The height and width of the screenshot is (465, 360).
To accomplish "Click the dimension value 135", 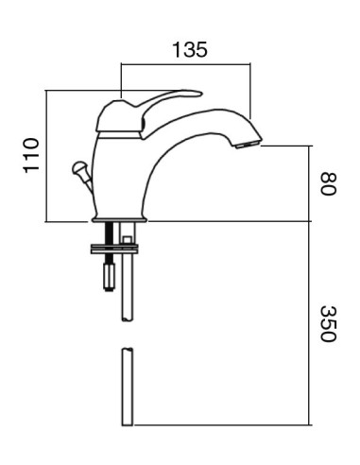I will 189,49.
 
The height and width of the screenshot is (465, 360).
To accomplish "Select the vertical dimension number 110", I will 31,156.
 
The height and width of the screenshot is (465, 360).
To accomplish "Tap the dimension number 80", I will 328,183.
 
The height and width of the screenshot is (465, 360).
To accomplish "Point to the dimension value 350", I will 328,324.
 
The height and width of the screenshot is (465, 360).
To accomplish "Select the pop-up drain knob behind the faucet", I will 77,169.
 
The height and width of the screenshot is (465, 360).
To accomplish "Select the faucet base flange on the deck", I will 119,219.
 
